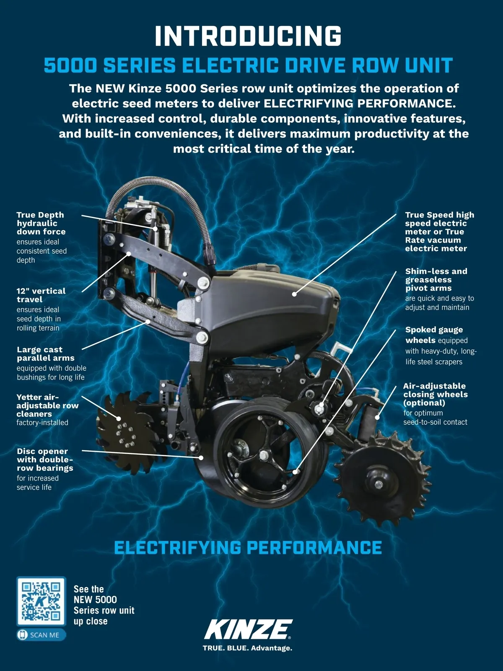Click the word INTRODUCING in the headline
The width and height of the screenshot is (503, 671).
pyautogui.click(x=248, y=36)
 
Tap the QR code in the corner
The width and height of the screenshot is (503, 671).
pyautogui.click(x=41, y=601)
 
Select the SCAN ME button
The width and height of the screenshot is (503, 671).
pyautogui.click(x=41, y=635)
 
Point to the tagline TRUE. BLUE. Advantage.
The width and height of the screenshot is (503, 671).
pyautogui.click(x=248, y=648)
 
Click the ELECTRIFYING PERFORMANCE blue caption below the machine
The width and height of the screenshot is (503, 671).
pyautogui.click(x=248, y=548)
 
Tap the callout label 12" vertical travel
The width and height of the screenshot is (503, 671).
pyautogui.click(x=41, y=309)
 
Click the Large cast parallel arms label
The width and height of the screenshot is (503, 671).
pyautogui.click(x=51, y=363)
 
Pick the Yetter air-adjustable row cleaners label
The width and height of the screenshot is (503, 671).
pyautogui.click(x=47, y=410)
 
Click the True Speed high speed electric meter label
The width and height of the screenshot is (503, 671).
pyautogui.click(x=439, y=231)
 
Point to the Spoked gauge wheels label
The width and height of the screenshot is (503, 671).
pyautogui.click(x=441, y=346)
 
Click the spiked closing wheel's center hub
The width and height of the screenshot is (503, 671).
pyautogui.click(x=379, y=484)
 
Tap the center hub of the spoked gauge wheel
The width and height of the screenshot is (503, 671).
pyautogui.click(x=264, y=456)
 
